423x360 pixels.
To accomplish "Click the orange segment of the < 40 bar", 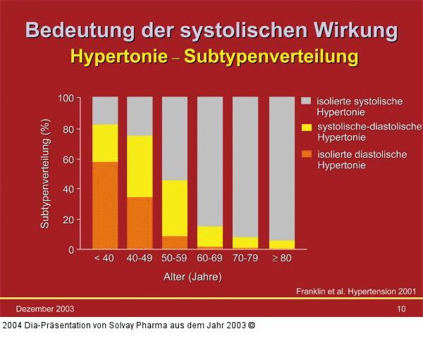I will click(x=105, y=205).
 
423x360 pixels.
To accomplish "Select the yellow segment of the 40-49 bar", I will click(x=140, y=166).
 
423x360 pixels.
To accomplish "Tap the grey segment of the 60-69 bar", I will click(x=210, y=161).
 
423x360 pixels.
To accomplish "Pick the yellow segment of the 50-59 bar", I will click(x=175, y=208).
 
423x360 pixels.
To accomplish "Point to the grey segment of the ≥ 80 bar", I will click(x=281, y=168).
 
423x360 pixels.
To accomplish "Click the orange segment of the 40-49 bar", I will click(x=140, y=223).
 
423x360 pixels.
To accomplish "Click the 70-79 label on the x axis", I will click(x=245, y=259).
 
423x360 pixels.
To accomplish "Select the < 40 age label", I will click(x=104, y=259).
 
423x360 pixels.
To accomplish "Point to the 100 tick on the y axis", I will click(x=66, y=98).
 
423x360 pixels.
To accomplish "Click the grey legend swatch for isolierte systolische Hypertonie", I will click(x=307, y=101).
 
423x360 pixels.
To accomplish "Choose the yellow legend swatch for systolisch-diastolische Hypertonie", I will click(x=307, y=127).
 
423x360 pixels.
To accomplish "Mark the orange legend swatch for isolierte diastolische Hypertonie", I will click(x=307, y=154).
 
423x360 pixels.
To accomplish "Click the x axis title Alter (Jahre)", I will click(x=192, y=277).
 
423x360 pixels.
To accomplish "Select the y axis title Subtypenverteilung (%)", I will click(x=45, y=174).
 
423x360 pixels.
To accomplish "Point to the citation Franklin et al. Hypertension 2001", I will click(x=355, y=290).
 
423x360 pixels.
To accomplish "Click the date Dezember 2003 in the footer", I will click(x=46, y=309).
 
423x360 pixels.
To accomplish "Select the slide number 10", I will click(x=401, y=309).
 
